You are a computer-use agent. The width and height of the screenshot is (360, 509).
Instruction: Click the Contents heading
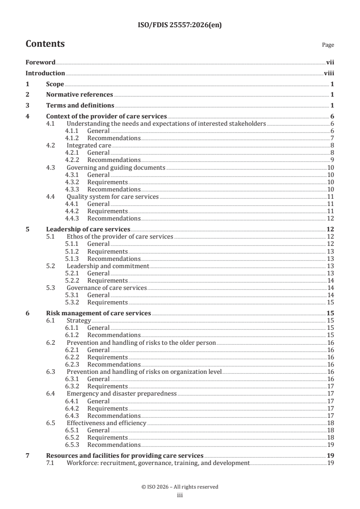point(45,44)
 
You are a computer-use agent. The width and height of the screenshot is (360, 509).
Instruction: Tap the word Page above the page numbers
point(328,45)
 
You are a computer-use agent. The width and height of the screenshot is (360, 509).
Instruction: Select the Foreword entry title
point(40,63)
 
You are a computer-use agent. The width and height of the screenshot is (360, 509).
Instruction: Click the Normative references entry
point(79,94)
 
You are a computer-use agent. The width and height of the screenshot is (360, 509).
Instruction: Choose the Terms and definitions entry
point(80,105)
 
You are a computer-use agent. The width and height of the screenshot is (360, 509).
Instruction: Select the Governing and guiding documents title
point(115,167)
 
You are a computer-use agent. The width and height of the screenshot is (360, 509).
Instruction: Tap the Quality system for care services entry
point(113,196)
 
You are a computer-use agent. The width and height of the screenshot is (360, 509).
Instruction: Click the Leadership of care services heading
point(88,229)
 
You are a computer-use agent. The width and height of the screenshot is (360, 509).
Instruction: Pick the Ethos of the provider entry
point(120,237)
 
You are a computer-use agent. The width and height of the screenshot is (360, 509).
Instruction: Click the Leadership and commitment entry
point(108,266)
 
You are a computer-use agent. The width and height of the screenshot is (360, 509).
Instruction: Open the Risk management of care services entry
point(99,313)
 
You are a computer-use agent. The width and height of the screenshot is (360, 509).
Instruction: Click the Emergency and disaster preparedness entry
point(121,393)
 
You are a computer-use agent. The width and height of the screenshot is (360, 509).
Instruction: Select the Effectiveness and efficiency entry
point(106,423)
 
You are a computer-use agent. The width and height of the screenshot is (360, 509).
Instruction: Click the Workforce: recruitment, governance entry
point(158,463)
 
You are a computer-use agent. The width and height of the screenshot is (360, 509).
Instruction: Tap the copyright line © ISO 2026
point(180,487)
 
